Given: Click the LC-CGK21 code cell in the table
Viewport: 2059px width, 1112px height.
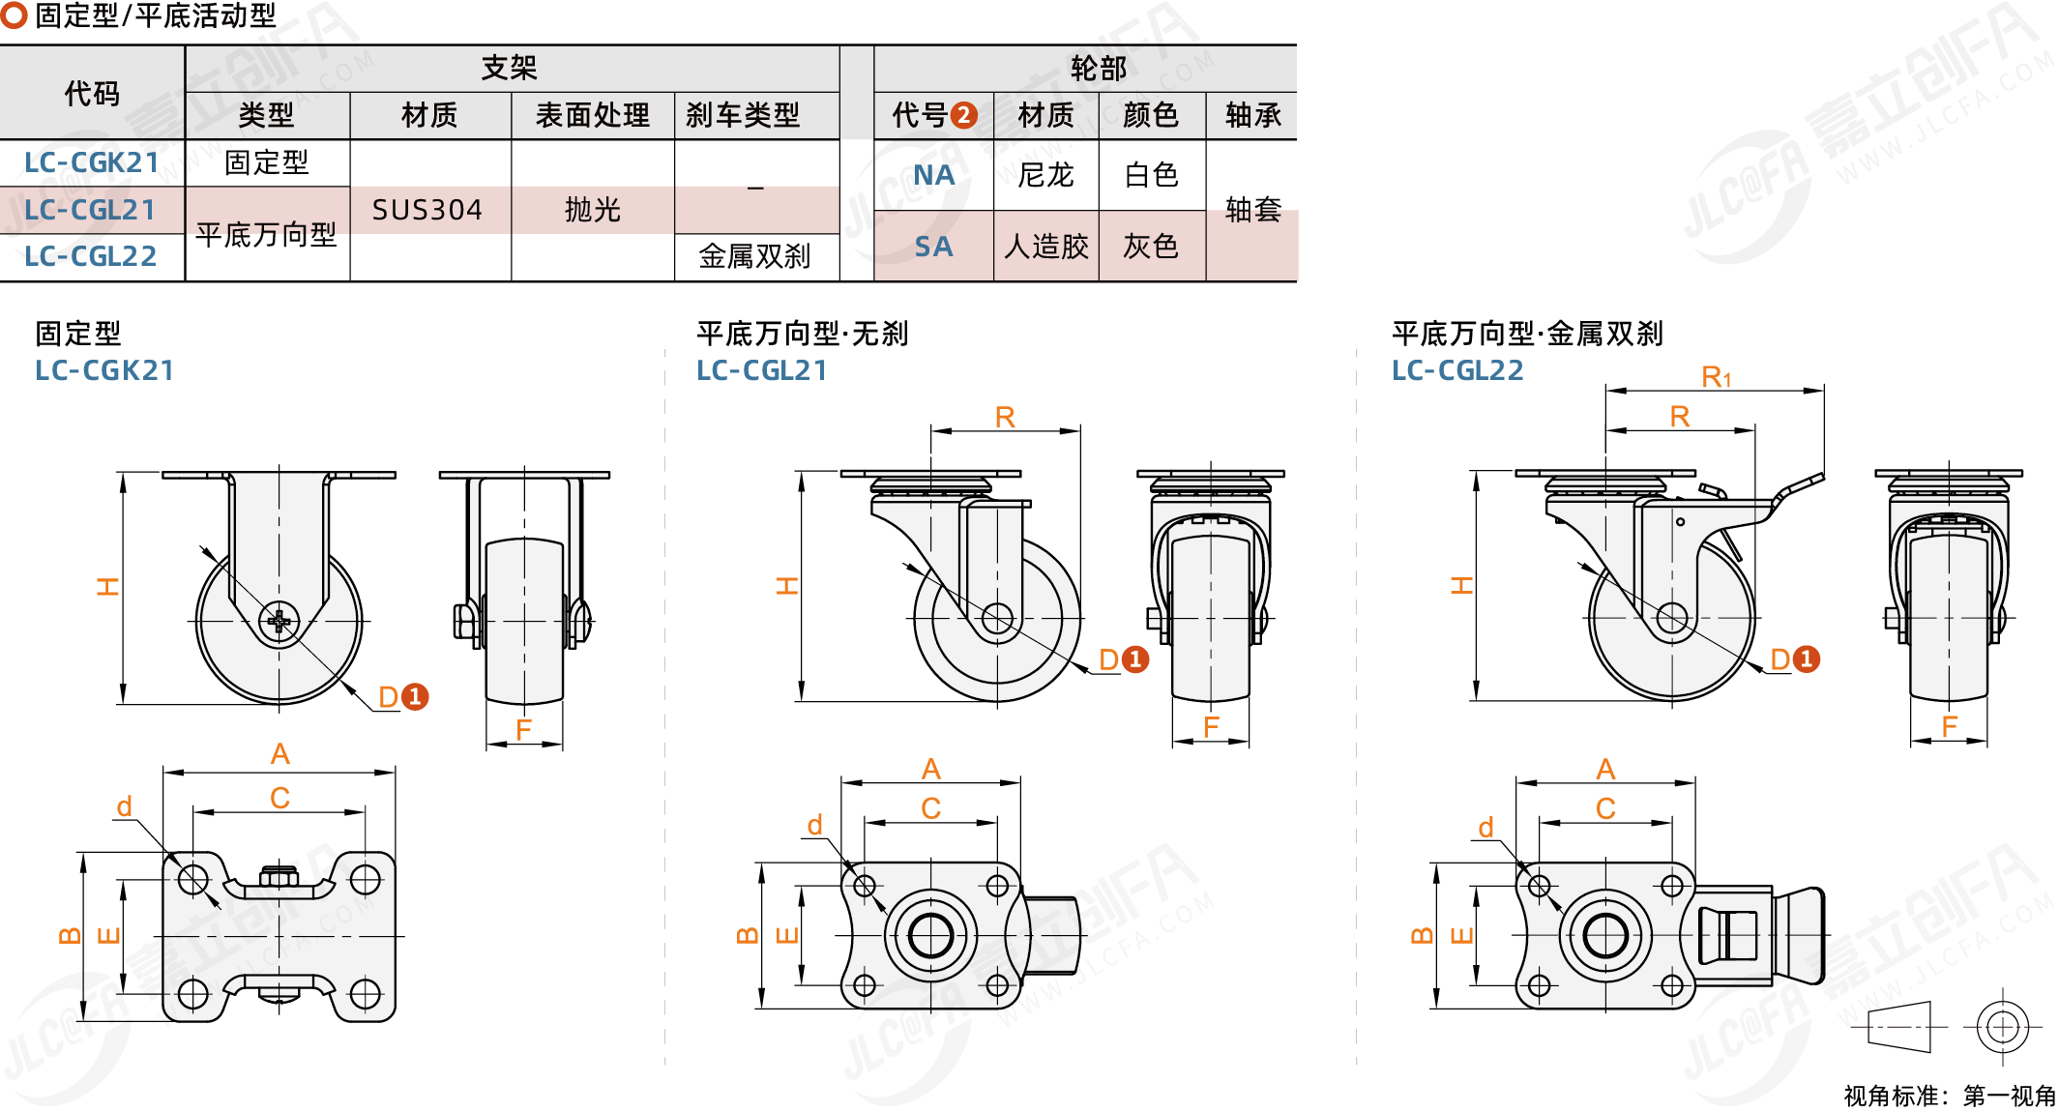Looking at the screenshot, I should (x=92, y=162).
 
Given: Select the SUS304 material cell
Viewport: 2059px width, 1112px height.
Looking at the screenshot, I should (x=427, y=210).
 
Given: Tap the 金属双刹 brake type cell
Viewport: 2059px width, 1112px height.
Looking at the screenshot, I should (x=754, y=256).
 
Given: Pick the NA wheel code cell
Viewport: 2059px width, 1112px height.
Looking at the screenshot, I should (x=933, y=175).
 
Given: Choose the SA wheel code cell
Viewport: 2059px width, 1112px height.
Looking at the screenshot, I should (x=933, y=247).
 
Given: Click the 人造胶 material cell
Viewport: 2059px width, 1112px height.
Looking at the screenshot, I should (x=1046, y=247).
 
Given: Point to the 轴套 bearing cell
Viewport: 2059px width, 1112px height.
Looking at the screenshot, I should (x=1252, y=209).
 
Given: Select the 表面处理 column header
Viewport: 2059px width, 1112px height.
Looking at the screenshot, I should (x=592, y=116).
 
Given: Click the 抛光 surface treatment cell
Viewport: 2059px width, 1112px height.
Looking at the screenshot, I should (x=592, y=210).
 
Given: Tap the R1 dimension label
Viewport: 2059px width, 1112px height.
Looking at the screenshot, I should (x=1716, y=377).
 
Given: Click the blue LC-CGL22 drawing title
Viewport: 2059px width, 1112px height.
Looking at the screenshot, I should (x=1457, y=370).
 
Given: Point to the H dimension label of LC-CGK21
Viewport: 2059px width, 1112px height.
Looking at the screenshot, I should (x=107, y=586).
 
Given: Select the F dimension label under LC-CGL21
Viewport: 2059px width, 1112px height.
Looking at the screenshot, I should (x=1211, y=727).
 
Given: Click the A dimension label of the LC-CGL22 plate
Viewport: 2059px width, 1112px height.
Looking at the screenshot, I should (x=1605, y=770).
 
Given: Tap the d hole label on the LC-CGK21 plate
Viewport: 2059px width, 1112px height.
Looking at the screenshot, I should (x=125, y=806).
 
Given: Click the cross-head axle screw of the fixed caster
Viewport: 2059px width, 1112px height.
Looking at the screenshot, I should (x=279, y=621).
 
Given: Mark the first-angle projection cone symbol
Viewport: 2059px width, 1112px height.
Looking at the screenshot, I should (x=1899, y=1027).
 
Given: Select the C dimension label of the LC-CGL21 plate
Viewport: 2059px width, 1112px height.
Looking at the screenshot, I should (x=930, y=808).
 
